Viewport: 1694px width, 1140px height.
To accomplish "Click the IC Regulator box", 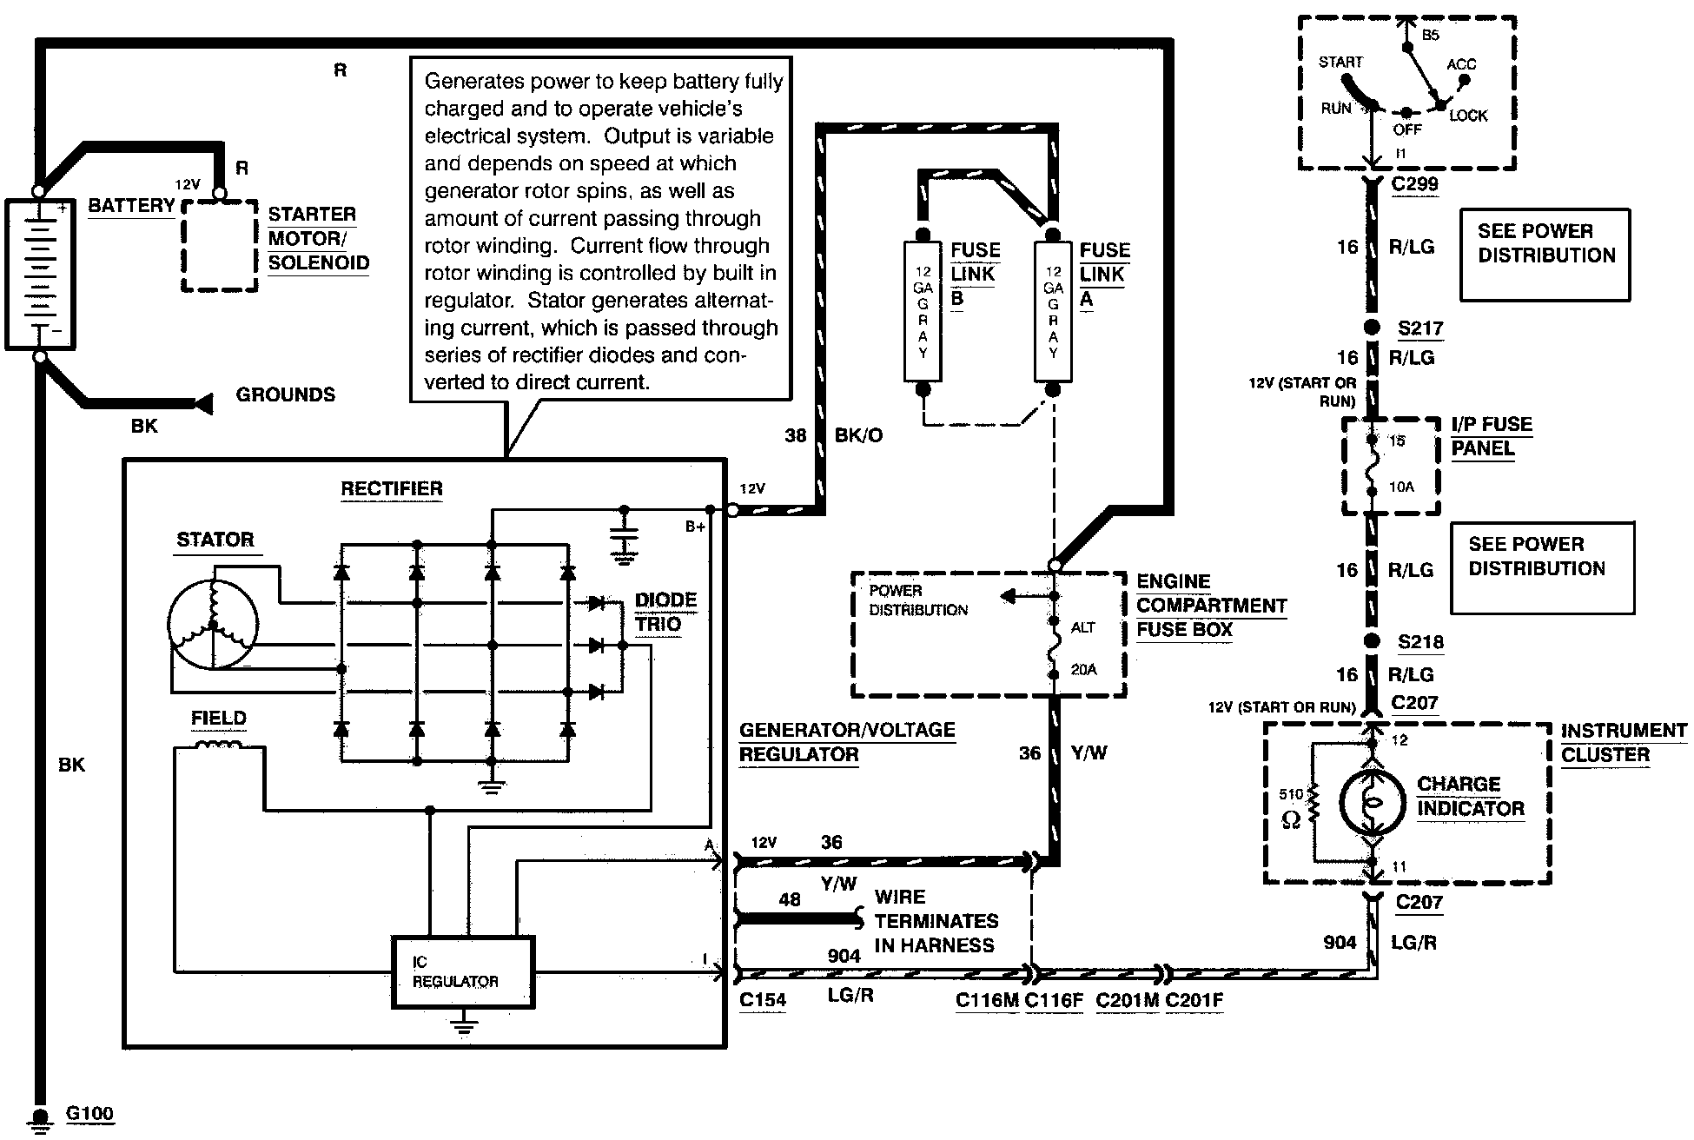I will tap(463, 971).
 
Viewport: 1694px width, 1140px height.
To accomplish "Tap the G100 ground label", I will tap(89, 1114).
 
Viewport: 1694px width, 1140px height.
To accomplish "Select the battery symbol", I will tap(39, 275).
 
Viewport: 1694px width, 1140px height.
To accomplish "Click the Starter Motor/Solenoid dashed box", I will tap(220, 246).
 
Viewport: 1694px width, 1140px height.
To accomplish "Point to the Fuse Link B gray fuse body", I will tap(923, 311).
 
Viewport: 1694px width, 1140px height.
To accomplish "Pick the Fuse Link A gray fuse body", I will tap(1053, 311).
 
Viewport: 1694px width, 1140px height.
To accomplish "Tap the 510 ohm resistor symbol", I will tap(1314, 804).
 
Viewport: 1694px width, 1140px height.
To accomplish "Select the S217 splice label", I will tap(1420, 328).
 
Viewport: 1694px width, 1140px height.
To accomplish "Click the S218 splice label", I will tap(1420, 642).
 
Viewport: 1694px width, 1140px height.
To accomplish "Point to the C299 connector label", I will tap(1414, 184).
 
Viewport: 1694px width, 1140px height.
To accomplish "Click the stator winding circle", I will tap(213, 624).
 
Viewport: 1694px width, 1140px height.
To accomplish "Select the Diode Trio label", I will tap(665, 612).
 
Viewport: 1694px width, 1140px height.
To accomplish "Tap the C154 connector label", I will tap(763, 1000).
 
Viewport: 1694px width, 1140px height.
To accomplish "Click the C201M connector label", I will tap(1127, 1000).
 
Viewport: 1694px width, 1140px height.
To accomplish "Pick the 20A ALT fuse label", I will tap(1083, 670).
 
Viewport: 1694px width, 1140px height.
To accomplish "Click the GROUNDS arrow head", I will tap(204, 403).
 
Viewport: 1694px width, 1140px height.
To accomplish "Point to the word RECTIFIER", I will tap(391, 488).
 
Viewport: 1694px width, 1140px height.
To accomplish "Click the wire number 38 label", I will tap(796, 435).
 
